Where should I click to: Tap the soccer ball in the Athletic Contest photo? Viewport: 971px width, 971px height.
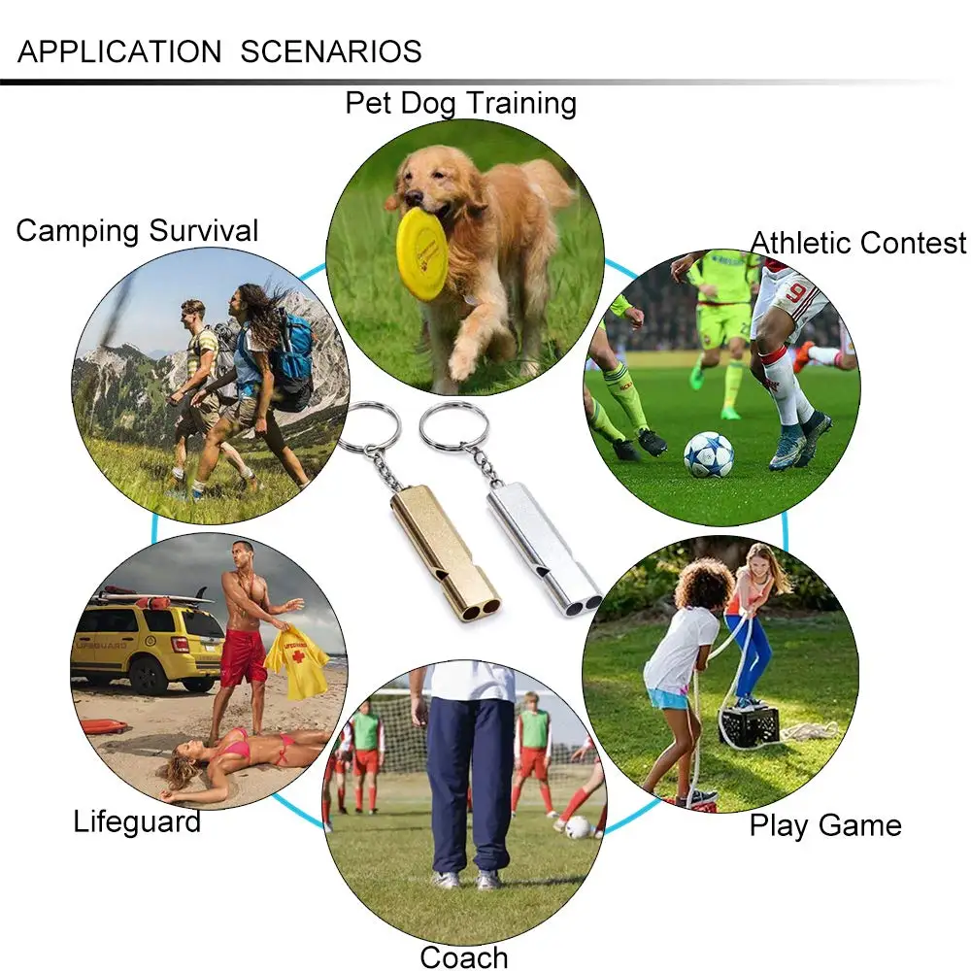click(708, 453)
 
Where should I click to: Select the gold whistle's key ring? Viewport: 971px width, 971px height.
click(369, 427)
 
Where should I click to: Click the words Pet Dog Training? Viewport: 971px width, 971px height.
click(460, 103)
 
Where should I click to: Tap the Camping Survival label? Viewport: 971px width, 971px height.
click(137, 231)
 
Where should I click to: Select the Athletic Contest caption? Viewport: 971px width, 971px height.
click(858, 243)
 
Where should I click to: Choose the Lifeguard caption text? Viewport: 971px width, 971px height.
click(137, 821)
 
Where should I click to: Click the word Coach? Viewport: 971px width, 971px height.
click(464, 956)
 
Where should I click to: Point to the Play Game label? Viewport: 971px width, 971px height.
click(825, 825)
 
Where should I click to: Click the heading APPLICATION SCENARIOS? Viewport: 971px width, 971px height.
click(219, 51)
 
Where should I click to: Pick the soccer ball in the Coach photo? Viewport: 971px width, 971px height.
click(577, 826)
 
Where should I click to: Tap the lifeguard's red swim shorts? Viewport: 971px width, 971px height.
click(242, 656)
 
